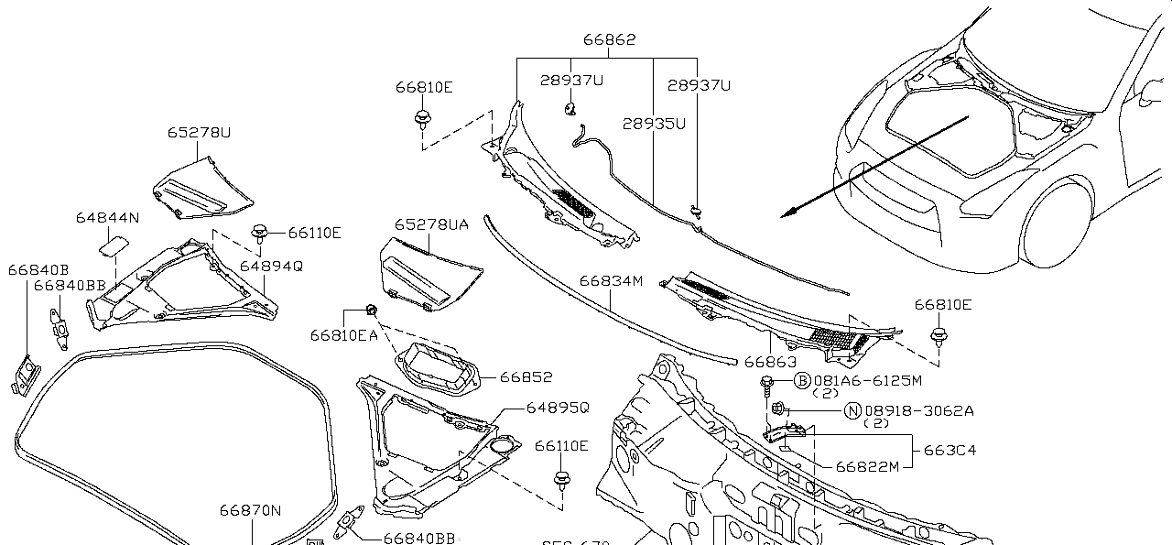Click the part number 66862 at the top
coord(609,40)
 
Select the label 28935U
coord(654,123)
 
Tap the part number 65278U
coord(199,132)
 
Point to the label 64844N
coord(107,218)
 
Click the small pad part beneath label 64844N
coord(114,243)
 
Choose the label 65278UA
coord(431,224)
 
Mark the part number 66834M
coord(611,280)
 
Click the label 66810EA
coord(343,336)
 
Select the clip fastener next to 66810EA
coord(372,308)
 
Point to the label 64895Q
coord(558,407)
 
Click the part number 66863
coord(769,363)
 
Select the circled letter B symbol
coord(802,381)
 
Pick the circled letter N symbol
coord(852,411)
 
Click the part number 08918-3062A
coord(919,411)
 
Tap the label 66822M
coord(867,465)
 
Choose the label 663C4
coord(950,450)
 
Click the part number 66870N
coord(250,510)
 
